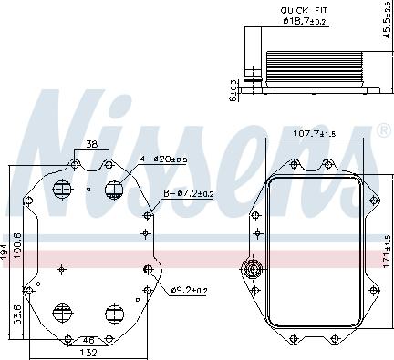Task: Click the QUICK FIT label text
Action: pyautogui.click(x=304, y=11)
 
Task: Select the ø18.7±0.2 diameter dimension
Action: pyautogui.click(x=304, y=21)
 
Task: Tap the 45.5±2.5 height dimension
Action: pyautogui.click(x=388, y=20)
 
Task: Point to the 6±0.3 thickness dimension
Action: pyautogui.click(x=233, y=90)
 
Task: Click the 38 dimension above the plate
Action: pyautogui.click(x=92, y=144)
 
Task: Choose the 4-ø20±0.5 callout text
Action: pyautogui.click(x=163, y=159)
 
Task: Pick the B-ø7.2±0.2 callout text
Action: pyautogui.click(x=189, y=192)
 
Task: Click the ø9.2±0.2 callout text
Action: pyautogui.click(x=189, y=291)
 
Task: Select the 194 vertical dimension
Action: pyautogui.click(x=4, y=252)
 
